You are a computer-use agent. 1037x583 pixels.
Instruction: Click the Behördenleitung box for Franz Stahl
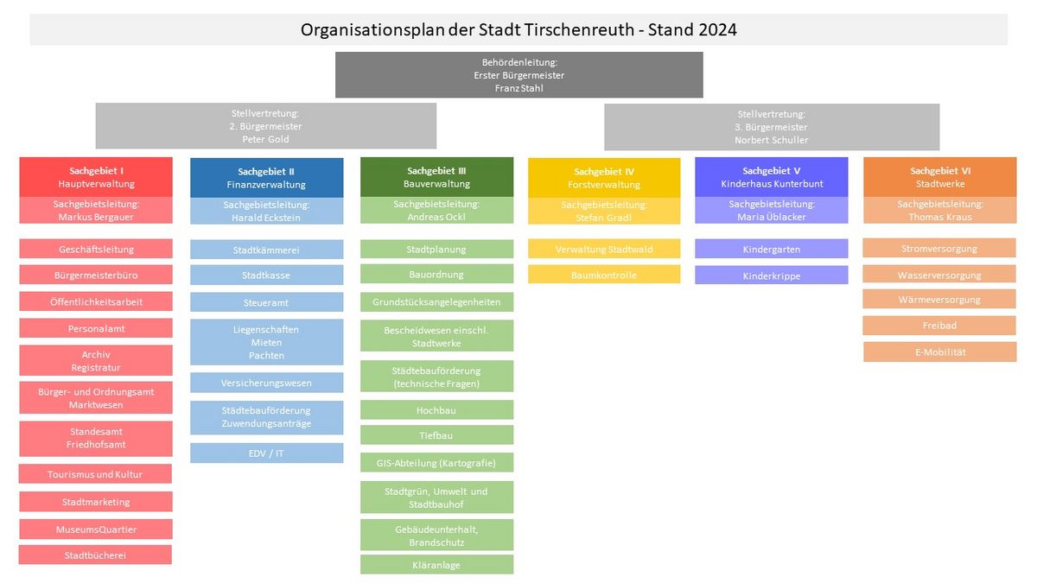519,75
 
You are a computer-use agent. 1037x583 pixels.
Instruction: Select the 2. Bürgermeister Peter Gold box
266,126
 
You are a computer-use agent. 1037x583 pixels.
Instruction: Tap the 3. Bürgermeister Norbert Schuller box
772,127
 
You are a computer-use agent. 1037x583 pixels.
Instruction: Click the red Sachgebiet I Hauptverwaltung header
96,177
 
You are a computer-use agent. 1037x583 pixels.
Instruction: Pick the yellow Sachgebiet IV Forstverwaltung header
604,178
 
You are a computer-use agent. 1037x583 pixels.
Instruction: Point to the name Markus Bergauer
96,217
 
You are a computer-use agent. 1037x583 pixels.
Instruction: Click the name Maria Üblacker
771,217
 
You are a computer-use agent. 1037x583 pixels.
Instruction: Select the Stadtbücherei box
95,554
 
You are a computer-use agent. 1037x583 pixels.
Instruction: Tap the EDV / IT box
267,453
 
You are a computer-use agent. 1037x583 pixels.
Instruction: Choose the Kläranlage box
436,565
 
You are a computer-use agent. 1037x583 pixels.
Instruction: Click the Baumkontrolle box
604,275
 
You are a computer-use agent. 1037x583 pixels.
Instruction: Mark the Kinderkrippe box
771,275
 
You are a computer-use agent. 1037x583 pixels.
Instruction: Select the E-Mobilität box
940,352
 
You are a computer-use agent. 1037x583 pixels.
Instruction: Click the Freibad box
939,326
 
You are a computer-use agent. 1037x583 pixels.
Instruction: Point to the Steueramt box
267,302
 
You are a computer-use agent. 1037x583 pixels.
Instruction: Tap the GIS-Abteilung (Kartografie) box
436,462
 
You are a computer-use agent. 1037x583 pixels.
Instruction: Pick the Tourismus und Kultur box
95,474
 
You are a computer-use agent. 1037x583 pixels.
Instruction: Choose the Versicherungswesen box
267,383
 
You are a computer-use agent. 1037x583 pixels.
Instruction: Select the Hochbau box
436,410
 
